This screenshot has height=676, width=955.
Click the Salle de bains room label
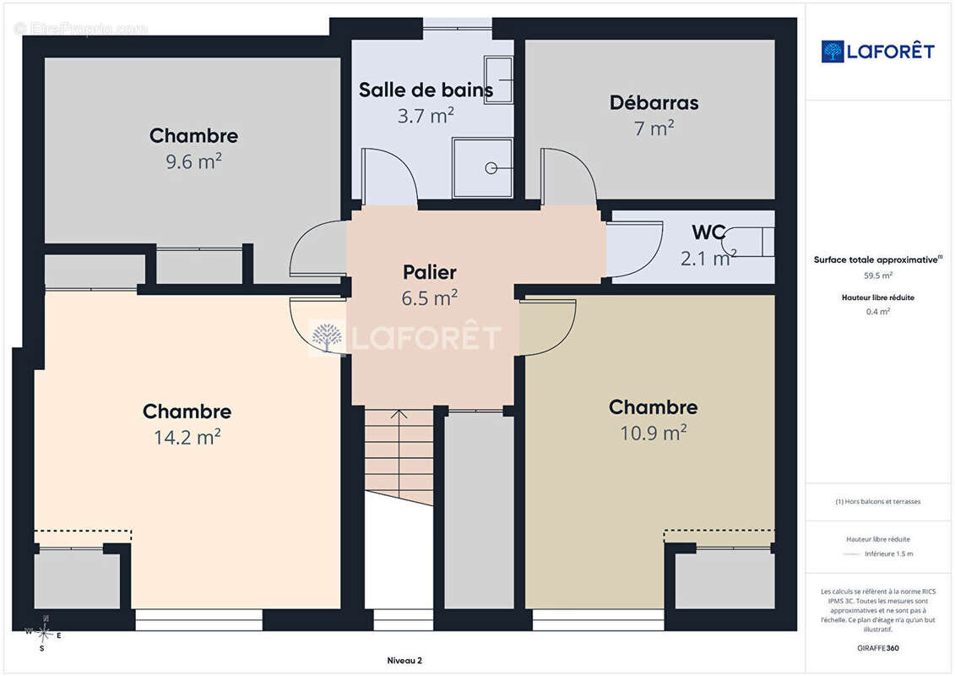tap(426, 90)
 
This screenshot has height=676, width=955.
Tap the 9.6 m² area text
tap(193, 161)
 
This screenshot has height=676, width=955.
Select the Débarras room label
tap(654, 103)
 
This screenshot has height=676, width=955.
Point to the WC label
tap(708, 232)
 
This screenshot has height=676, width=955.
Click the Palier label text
tap(430, 272)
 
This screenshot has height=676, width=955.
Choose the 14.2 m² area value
tap(187, 437)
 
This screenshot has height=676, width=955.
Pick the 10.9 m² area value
tap(654, 433)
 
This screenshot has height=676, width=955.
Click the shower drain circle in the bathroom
tap(491, 168)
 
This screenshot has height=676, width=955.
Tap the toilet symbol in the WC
tap(747, 242)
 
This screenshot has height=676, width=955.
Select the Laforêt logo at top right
tap(877, 52)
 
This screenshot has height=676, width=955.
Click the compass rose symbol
tap(44, 634)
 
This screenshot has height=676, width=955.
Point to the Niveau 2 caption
tap(404, 660)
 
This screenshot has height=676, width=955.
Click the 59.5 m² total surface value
tap(877, 275)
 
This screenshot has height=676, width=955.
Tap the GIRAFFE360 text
tap(877, 648)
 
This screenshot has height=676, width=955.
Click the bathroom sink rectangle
tap(499, 79)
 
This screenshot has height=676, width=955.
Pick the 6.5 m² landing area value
tap(430, 298)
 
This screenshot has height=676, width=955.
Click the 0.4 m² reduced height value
tap(877, 312)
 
